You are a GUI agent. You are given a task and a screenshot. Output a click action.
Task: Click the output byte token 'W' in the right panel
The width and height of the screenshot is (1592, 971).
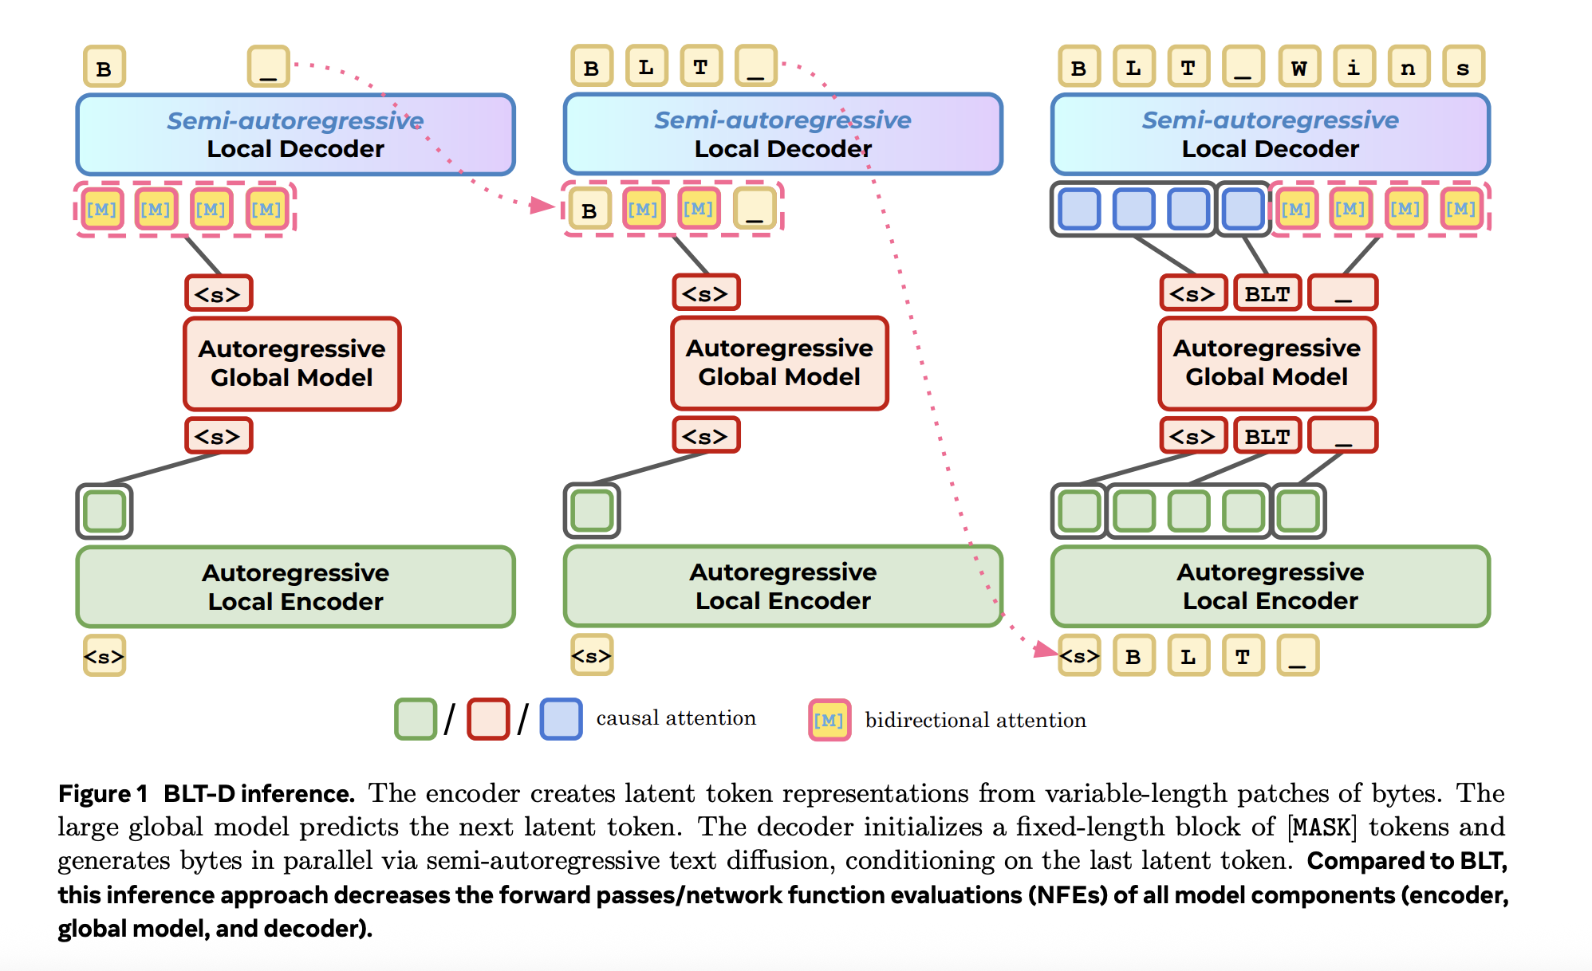tap(1298, 67)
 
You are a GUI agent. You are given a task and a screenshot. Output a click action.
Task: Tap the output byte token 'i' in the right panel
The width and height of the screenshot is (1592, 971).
tap(1354, 67)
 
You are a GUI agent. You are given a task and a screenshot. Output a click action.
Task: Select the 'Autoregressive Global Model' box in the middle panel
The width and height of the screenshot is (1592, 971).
tap(779, 363)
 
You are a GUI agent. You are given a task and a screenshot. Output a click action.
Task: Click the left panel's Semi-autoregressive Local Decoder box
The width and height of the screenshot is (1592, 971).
tap(295, 135)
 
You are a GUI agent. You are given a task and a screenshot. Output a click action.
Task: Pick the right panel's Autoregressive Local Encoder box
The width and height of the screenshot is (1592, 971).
tap(1270, 586)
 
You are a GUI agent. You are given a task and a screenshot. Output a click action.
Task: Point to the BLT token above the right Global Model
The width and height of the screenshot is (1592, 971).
tap(1267, 293)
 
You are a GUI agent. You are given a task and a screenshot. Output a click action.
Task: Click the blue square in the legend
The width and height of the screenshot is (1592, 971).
tap(561, 719)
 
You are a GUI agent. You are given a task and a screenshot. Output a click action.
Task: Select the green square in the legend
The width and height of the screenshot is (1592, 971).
tap(416, 719)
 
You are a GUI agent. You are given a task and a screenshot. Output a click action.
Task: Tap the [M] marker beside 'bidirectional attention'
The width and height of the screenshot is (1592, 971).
tap(829, 720)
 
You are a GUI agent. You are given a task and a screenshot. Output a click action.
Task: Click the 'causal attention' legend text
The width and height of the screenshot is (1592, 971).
tap(676, 718)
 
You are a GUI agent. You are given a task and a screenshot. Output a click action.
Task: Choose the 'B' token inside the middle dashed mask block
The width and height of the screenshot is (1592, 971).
tap(589, 210)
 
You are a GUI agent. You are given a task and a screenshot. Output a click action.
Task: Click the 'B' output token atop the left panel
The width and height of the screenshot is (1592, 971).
tap(104, 67)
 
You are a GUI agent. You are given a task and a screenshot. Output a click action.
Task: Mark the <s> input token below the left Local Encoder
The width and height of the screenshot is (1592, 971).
tap(104, 656)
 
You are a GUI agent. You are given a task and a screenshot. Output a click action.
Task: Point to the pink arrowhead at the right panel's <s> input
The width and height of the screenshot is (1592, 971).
tap(1046, 650)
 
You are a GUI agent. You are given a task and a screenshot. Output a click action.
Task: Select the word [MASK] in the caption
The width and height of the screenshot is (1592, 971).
tap(1322, 827)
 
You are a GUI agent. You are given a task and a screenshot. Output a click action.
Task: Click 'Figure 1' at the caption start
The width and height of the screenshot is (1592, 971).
tap(103, 794)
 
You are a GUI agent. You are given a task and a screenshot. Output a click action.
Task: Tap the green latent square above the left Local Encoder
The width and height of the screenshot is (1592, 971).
tap(104, 511)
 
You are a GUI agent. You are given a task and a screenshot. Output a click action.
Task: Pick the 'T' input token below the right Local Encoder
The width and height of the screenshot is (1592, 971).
tap(1243, 656)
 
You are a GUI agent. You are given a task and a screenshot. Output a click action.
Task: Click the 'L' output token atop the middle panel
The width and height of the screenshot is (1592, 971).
tap(646, 66)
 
